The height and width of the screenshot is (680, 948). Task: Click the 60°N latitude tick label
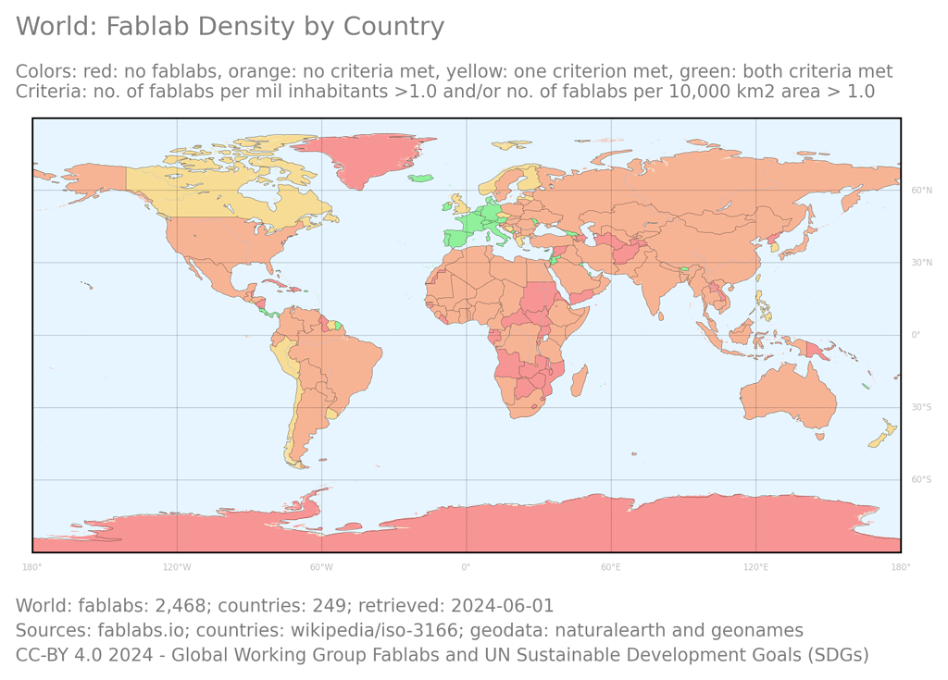921,191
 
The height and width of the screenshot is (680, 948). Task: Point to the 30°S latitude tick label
921,408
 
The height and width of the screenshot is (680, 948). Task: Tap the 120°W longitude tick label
177,567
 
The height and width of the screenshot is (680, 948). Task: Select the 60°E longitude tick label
611,567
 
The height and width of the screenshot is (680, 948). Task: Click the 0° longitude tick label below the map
466,567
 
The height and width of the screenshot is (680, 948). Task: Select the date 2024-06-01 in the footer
502,606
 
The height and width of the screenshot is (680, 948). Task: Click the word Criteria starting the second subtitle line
47,92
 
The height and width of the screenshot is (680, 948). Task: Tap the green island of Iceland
421,178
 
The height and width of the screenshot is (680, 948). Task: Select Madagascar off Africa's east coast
578,380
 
